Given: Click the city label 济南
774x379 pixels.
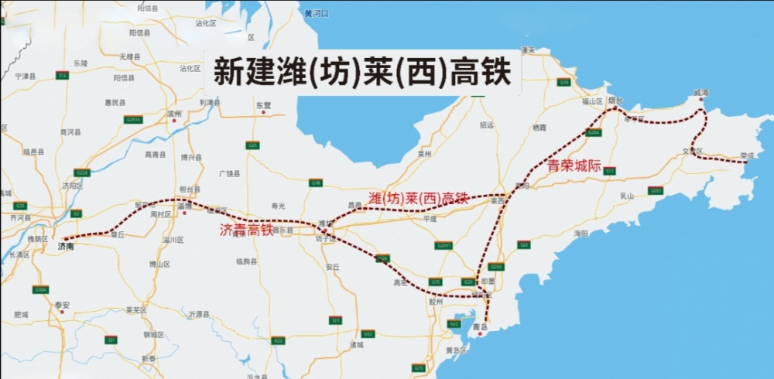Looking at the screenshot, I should coord(66,246).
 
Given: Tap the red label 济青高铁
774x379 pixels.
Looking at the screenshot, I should coord(246,230).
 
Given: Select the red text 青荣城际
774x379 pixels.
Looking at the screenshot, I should coord(574,166).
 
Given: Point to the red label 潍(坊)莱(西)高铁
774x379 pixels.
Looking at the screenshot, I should coord(419,198).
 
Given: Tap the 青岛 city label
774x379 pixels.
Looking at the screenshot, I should coord(480,327).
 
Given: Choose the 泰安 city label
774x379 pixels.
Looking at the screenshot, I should coord(63,305).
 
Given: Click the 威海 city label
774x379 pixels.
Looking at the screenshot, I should coord(700,93).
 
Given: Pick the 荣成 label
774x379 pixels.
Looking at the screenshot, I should coord(746,155).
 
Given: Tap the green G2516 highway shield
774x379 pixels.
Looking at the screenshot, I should coord(133,119).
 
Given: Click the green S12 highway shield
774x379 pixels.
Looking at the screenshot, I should coord(62,75).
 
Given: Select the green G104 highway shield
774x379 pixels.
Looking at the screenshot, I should coord(40,289).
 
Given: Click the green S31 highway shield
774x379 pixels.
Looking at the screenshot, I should coord(111,340).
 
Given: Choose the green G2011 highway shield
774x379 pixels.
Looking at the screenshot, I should coord(444,245).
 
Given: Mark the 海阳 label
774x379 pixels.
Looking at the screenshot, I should coord(581,233).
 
